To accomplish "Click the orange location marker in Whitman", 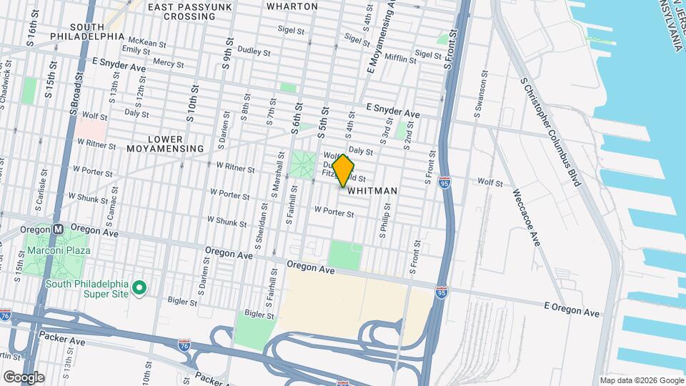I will click(x=344, y=170).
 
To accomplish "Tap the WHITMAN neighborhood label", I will click(x=372, y=192).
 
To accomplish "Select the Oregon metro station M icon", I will click(x=59, y=229).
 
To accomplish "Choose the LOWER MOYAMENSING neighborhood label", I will click(x=155, y=144).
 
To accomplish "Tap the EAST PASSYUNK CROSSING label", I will click(x=182, y=11).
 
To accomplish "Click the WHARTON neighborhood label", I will click(x=292, y=6).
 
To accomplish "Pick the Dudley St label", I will click(x=254, y=52).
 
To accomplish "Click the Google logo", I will click(x=24, y=377).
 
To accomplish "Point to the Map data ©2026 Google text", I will click(x=641, y=380).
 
